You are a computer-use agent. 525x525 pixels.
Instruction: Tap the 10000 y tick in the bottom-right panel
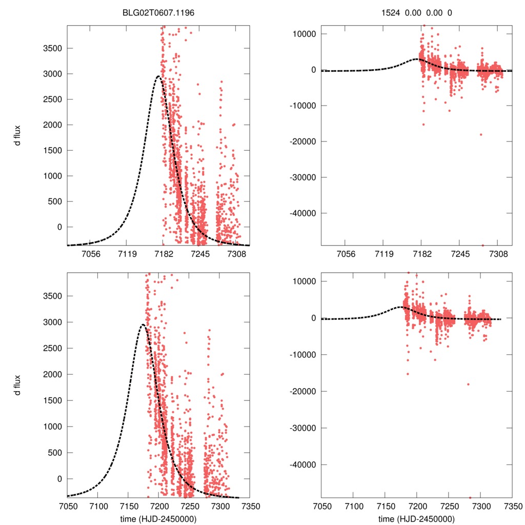(x=305, y=281)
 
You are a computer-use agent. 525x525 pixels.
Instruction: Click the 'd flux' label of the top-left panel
(x=18, y=137)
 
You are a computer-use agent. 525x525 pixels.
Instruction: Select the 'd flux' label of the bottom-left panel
(x=18, y=385)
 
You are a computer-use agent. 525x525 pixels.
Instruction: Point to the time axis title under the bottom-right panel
(x=416, y=518)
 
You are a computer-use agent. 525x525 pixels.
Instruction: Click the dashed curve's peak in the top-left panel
(x=158, y=76)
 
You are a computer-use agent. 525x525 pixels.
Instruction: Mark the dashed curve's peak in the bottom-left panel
(x=143, y=325)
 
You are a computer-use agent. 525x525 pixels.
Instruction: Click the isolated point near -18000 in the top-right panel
(x=481, y=134)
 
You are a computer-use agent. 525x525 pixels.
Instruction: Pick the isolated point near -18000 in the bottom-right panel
(x=468, y=384)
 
